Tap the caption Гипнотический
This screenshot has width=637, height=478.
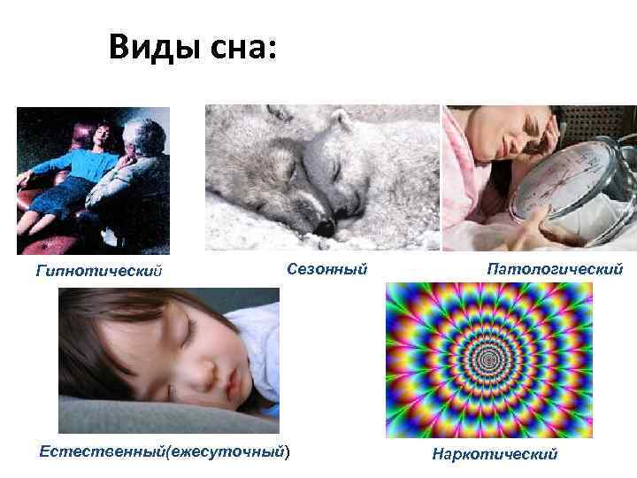98,269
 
